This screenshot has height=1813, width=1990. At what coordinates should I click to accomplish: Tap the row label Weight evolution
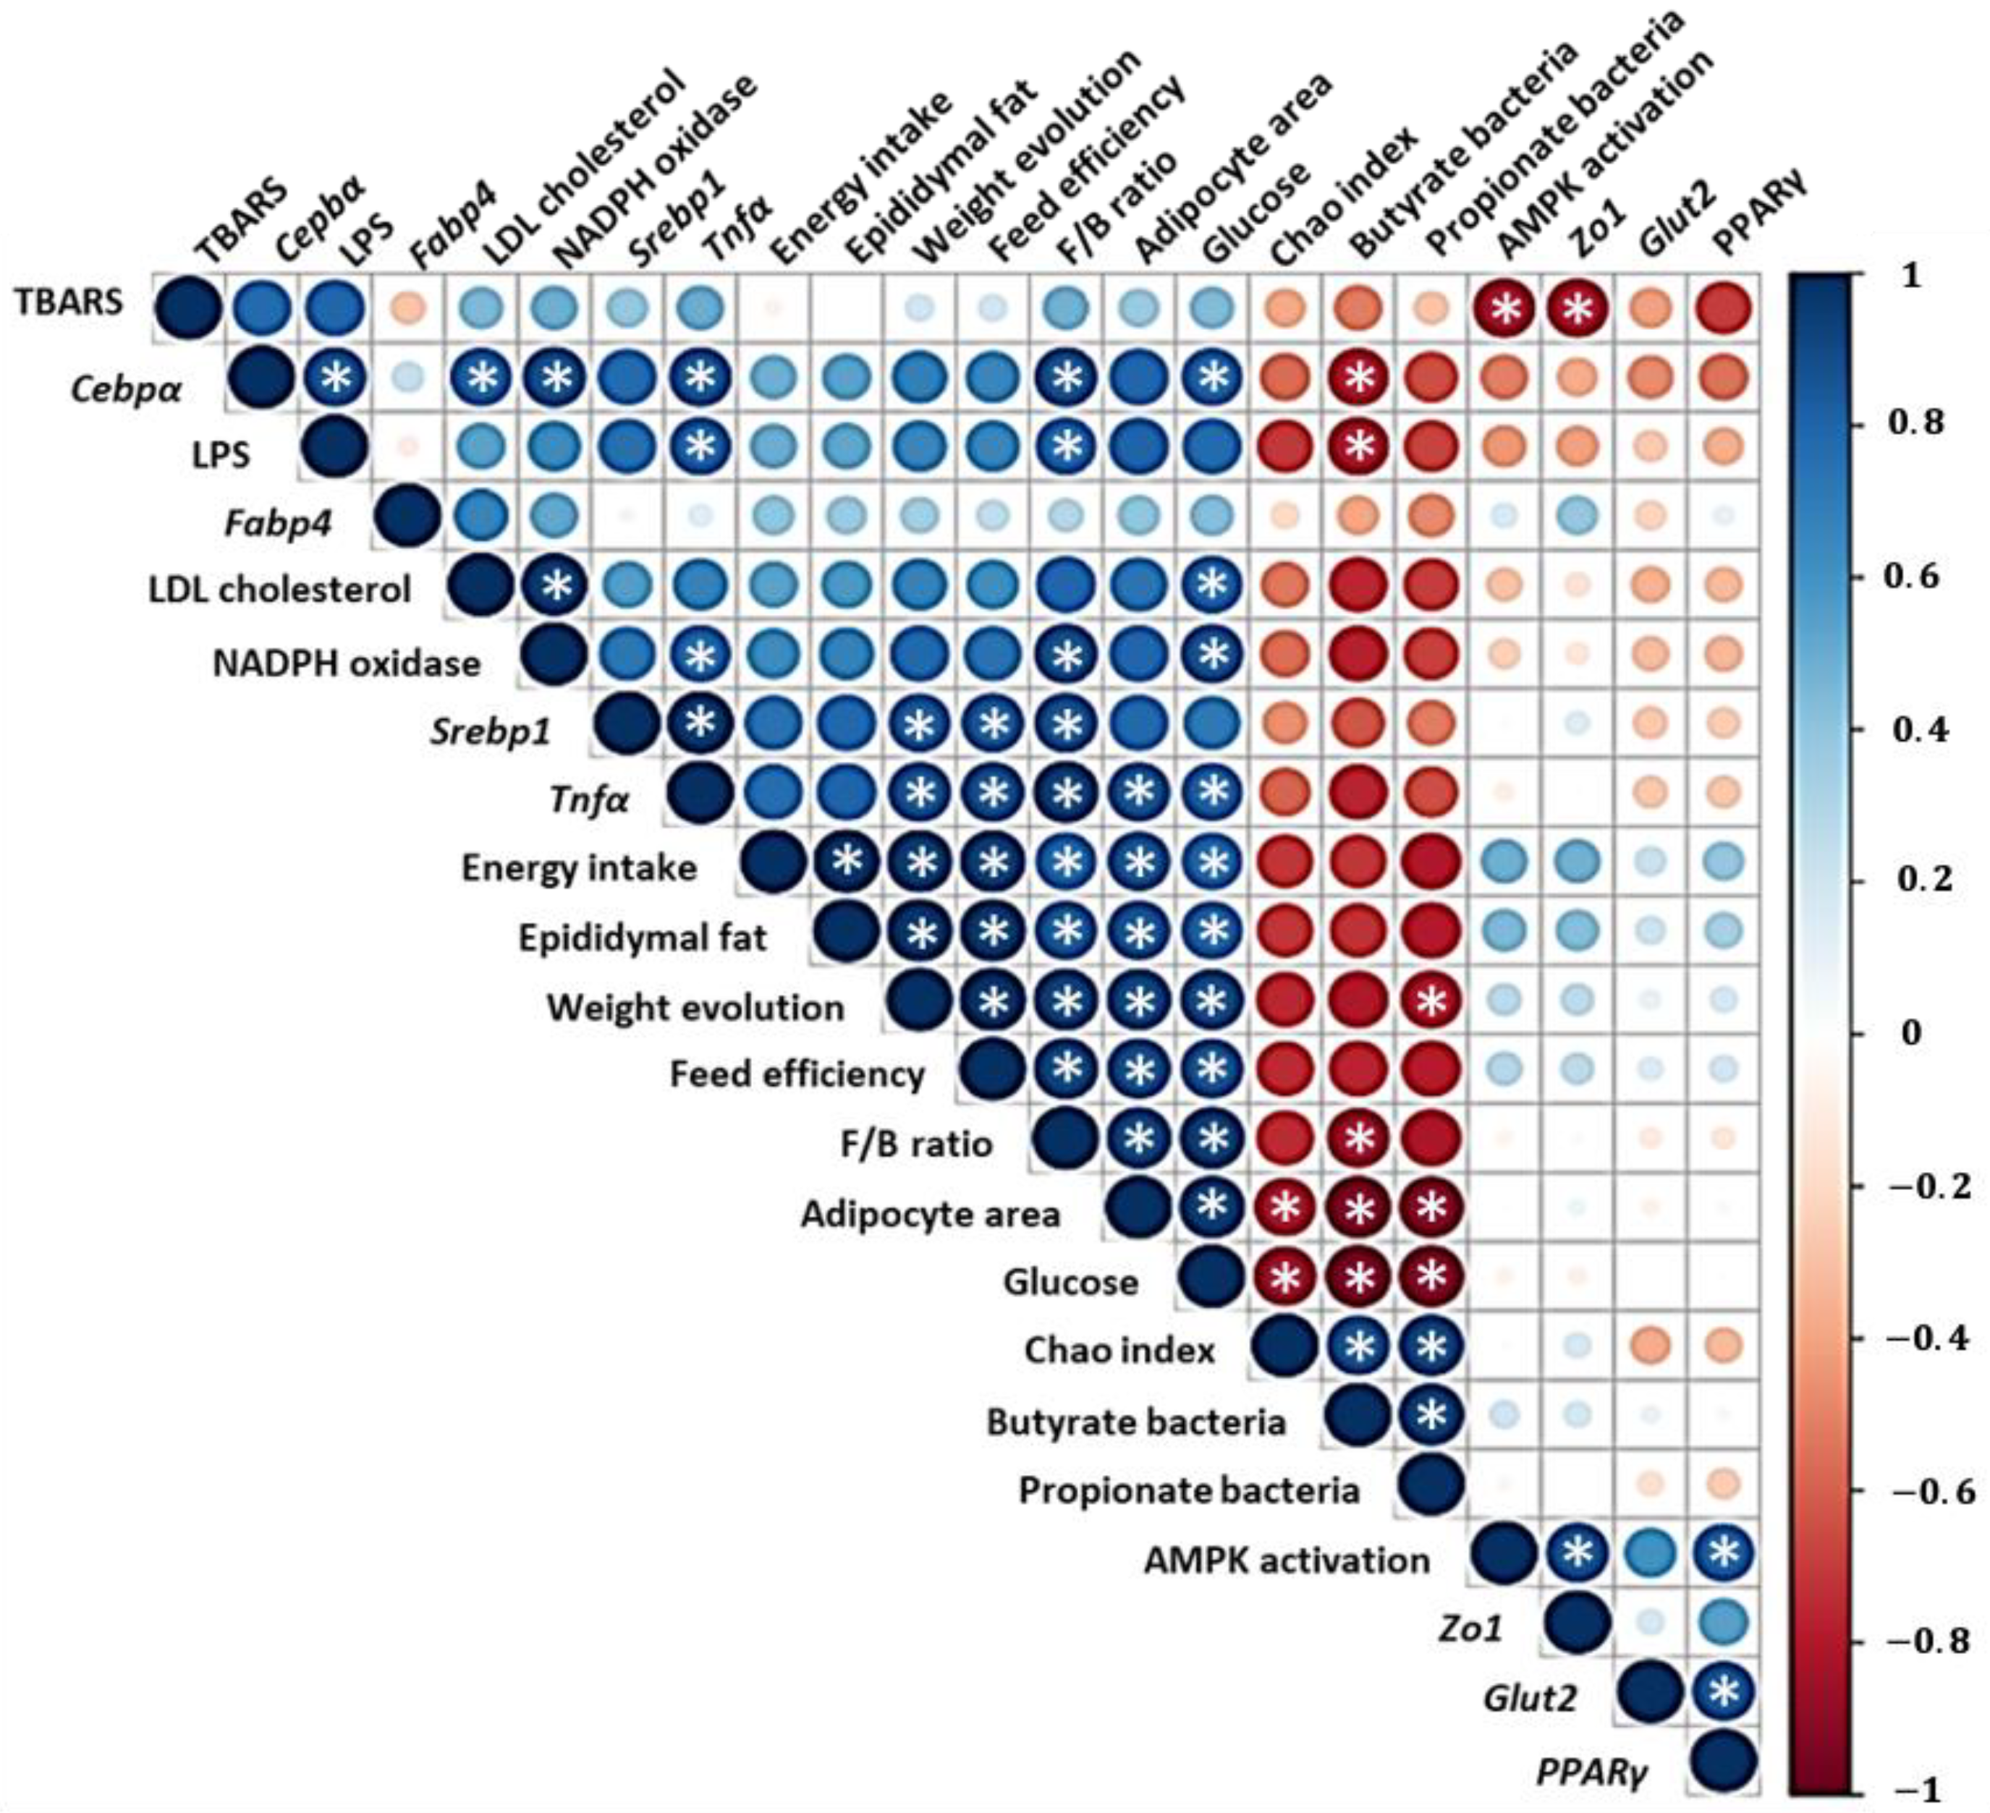[x=696, y=1008]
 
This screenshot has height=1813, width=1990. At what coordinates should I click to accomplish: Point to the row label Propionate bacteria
[x=1190, y=1490]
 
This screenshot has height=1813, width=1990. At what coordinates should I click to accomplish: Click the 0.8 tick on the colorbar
[x=1914, y=423]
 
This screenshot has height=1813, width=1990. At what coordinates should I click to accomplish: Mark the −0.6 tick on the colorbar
[x=1930, y=1491]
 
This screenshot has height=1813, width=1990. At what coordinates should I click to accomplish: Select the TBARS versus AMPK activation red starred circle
[x=1505, y=309]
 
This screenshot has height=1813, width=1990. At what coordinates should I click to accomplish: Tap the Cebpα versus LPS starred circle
[x=336, y=378]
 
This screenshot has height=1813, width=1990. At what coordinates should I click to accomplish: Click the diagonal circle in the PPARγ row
[x=1724, y=1762]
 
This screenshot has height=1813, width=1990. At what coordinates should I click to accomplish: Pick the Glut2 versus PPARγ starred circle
[x=1724, y=1694]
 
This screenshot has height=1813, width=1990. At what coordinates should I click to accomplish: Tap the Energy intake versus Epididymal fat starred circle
[x=846, y=862]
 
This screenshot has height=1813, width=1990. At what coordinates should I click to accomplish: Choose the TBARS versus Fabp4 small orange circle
[x=407, y=309]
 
